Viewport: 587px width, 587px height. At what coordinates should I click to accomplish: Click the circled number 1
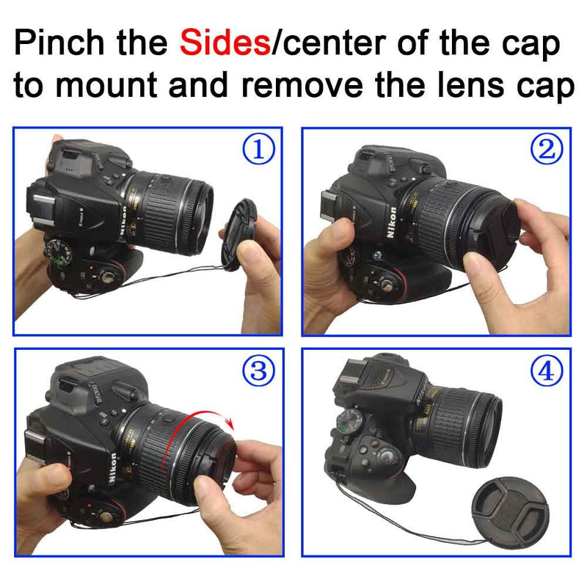(x=258, y=150)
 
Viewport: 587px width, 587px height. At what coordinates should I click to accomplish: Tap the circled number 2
(x=546, y=150)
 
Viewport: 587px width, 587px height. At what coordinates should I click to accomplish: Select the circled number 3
(x=258, y=372)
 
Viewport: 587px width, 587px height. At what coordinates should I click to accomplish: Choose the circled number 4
(x=546, y=372)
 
